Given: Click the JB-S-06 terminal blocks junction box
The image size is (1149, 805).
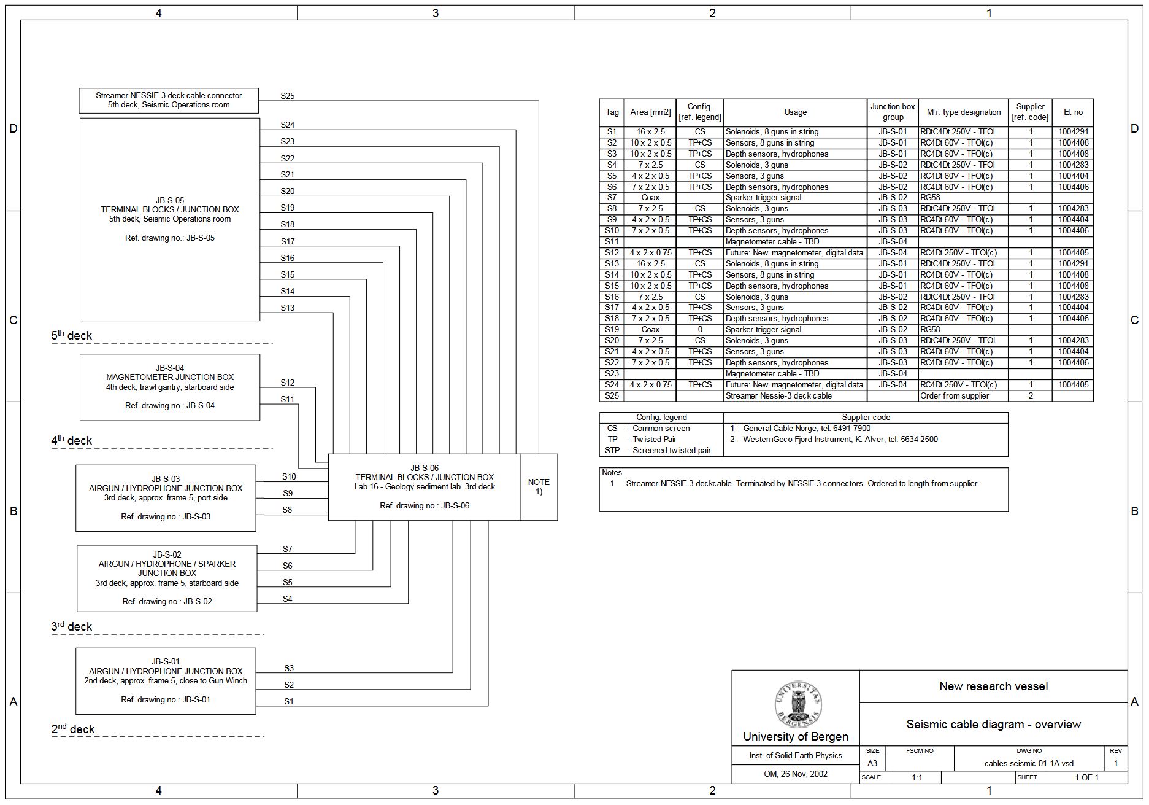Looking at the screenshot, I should (424, 487).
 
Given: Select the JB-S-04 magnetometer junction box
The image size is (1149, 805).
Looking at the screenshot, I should (170, 387).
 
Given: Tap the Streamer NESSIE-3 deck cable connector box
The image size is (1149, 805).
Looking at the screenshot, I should (169, 100).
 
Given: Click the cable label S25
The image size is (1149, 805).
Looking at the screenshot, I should (288, 96).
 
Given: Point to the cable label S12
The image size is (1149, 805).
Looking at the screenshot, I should (288, 383).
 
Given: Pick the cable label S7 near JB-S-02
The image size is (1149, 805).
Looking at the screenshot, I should (288, 549).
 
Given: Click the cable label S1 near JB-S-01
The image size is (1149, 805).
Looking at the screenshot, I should (289, 701).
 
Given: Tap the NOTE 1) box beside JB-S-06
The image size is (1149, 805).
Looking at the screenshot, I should (539, 487).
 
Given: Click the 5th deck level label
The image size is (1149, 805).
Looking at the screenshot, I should (71, 335).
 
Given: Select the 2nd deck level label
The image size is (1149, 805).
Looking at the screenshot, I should (72, 729).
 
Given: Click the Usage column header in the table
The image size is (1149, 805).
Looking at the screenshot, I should (795, 112).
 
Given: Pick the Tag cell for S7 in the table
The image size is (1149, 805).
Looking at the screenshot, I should (612, 198).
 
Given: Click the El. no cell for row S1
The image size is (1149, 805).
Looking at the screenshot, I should (1073, 132).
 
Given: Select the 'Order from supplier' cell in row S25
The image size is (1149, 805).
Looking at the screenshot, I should (955, 396).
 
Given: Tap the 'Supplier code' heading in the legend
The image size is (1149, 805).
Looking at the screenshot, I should (866, 418).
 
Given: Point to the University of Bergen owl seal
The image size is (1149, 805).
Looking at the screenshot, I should (797, 704).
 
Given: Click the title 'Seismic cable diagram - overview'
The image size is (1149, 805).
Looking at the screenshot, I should (993, 725).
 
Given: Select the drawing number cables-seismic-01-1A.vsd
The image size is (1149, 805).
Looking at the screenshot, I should (1029, 764).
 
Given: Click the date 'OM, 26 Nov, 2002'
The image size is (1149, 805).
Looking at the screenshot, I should (795, 774).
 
